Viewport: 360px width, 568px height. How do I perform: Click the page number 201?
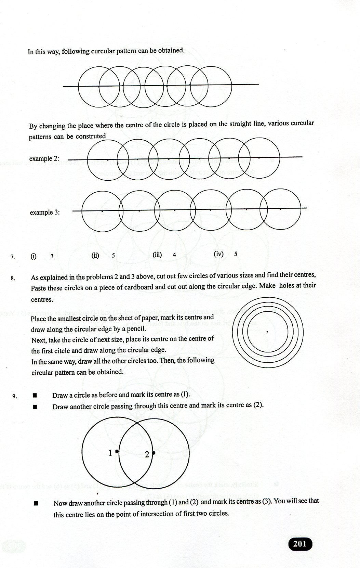(x=300, y=544)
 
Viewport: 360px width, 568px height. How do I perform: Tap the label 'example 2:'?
(x=44, y=159)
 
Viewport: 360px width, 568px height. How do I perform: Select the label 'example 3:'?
(x=45, y=212)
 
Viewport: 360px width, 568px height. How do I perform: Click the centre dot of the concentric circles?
(x=267, y=332)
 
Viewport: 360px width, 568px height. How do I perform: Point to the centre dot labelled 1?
(x=117, y=452)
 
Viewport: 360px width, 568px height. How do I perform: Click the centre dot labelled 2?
(x=154, y=453)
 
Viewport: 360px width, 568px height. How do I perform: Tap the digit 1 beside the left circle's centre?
(x=110, y=453)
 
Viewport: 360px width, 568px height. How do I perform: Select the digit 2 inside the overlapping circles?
(x=147, y=455)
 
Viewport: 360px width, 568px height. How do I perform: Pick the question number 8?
(x=13, y=278)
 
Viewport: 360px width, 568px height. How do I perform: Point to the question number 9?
(x=14, y=397)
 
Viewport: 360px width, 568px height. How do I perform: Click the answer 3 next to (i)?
(x=52, y=256)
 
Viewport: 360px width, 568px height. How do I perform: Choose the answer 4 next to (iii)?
(x=174, y=255)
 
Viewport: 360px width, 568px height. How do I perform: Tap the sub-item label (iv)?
(x=218, y=254)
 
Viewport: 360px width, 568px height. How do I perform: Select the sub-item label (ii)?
(x=95, y=255)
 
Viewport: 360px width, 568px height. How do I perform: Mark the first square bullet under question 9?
(x=35, y=396)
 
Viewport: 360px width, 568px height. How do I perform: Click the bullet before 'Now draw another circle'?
(x=36, y=503)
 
